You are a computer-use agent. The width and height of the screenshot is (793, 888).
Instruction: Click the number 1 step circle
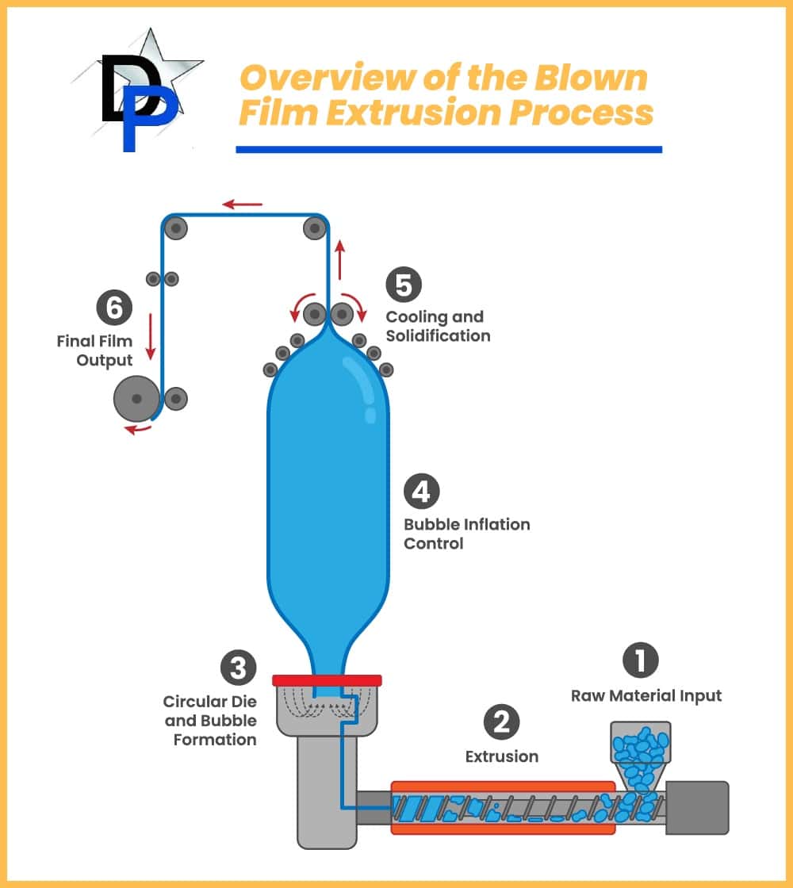641,660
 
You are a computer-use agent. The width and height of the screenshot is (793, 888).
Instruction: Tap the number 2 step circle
501,721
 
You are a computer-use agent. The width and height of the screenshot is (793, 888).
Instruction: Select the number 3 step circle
237,668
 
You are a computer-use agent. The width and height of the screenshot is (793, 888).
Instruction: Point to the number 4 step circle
421,492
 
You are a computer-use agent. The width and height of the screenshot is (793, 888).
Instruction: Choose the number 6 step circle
114,308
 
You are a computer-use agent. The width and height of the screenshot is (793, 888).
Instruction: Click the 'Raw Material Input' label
646,696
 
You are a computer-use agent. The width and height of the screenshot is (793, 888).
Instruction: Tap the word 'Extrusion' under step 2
501,756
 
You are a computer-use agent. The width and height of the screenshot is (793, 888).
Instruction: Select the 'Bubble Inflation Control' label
466,534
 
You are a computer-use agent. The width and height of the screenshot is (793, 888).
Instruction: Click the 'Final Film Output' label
94,350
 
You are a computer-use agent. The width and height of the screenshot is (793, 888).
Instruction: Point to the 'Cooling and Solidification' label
438,326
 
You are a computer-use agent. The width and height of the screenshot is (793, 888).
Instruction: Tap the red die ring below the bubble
327,679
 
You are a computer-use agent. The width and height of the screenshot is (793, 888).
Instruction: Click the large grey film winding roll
136,398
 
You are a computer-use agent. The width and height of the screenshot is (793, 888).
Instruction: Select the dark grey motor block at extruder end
696,807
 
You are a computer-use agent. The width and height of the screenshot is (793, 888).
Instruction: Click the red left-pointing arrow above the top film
242,205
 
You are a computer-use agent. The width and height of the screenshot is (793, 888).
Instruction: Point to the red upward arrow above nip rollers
340,259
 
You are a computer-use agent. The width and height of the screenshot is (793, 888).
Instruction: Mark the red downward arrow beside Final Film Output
150,337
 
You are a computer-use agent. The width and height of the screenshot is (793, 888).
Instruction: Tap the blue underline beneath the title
448,149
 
